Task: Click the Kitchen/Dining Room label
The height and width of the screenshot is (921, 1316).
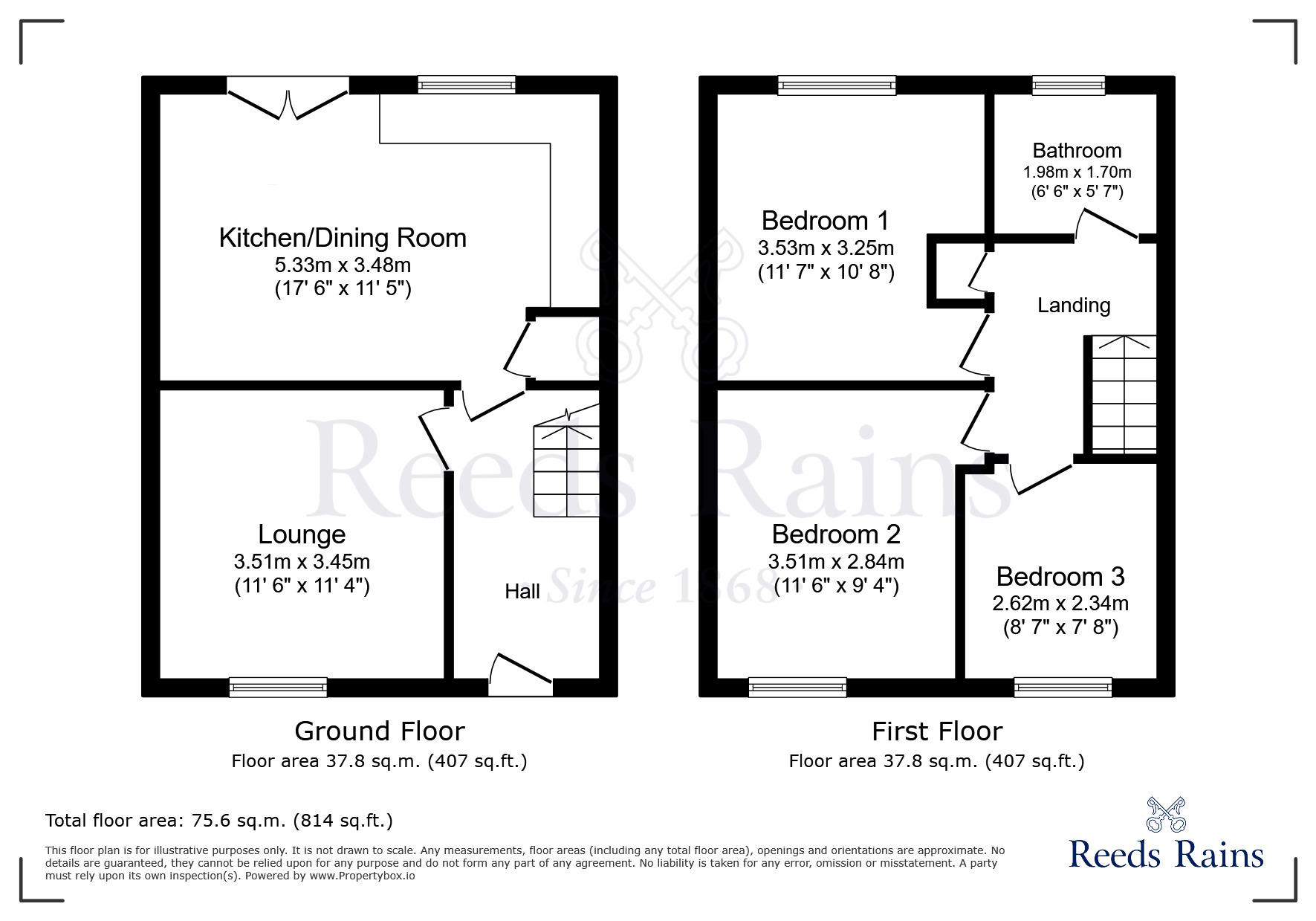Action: (343, 239)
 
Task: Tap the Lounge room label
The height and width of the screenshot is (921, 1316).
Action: (302, 534)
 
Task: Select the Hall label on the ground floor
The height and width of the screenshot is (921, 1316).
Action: (522, 592)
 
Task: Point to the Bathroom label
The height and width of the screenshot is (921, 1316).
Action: (1077, 151)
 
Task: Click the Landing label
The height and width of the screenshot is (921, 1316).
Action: (1074, 306)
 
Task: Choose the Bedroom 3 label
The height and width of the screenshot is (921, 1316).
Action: (1060, 577)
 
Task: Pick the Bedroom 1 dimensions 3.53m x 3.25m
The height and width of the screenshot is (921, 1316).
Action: (826, 248)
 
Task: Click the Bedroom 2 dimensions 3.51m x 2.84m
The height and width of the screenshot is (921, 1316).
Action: (836, 561)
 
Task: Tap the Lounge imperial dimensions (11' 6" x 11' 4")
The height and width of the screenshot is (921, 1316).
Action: (302, 586)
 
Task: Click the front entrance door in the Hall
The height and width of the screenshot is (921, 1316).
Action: (521, 674)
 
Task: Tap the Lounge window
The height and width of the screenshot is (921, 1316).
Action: (278, 687)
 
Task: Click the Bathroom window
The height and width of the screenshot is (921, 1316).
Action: (1069, 85)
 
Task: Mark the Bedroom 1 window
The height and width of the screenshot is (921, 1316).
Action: (837, 85)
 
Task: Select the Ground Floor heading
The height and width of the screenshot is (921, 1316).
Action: (380, 731)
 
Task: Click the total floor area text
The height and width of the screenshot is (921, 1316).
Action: (219, 821)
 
